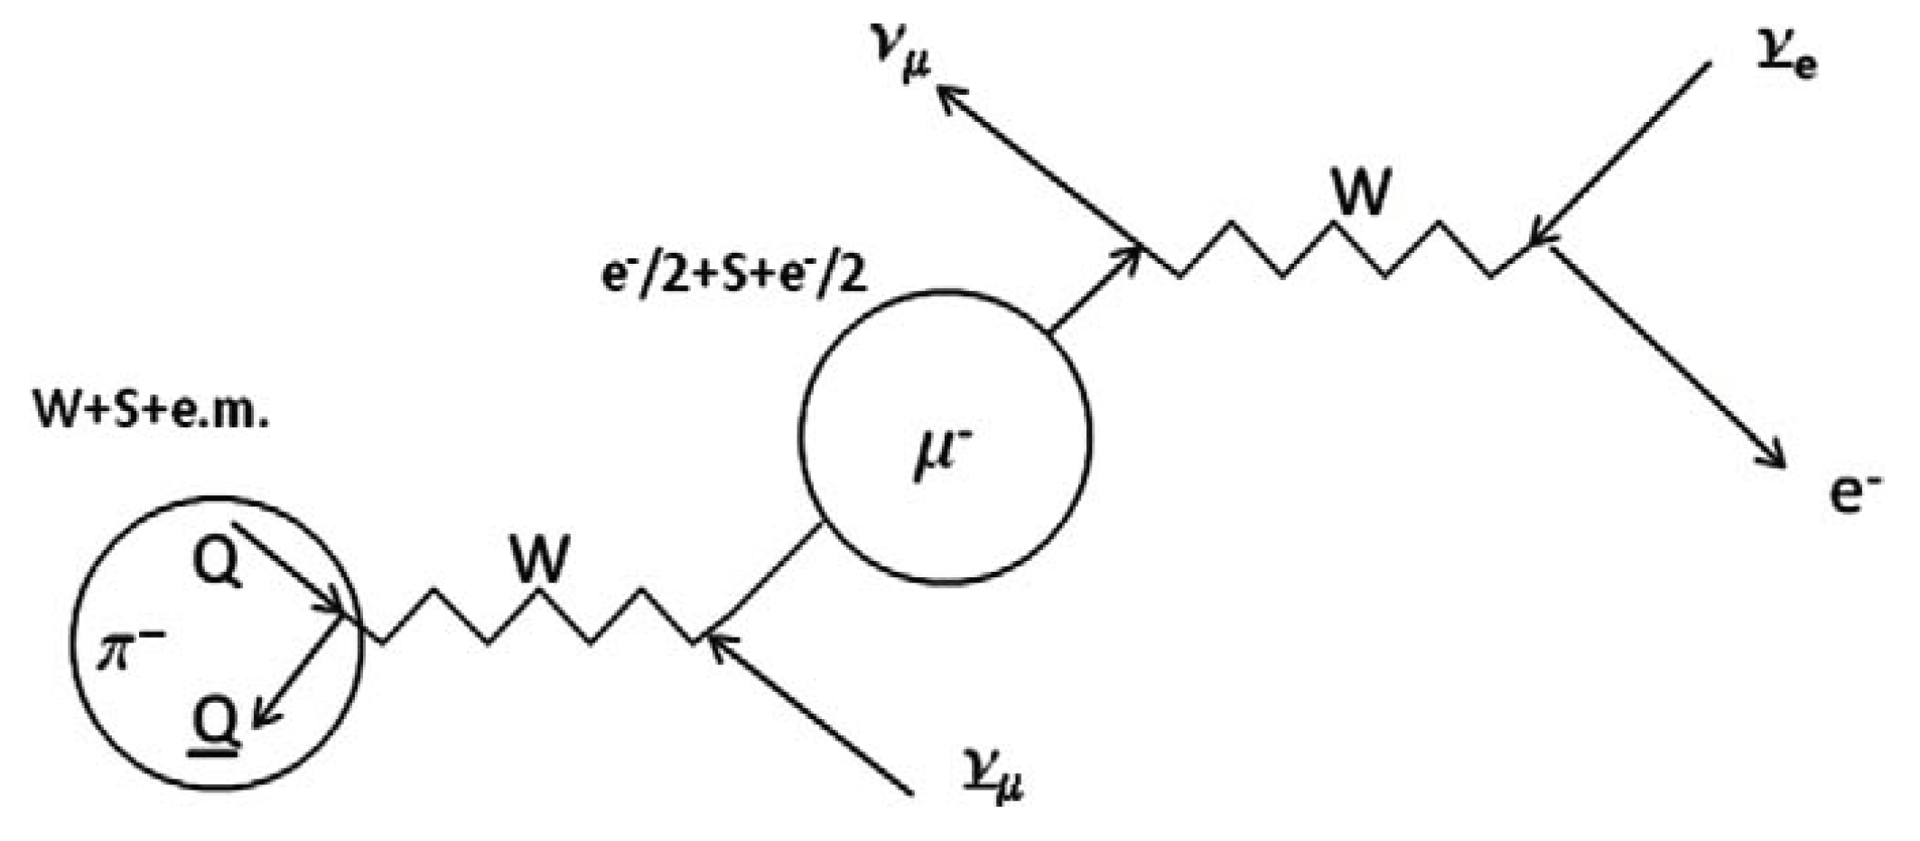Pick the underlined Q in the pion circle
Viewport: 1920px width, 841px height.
(x=218, y=724)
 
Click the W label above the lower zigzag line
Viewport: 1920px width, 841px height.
(x=540, y=559)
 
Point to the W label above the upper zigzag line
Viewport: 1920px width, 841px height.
(x=1361, y=192)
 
